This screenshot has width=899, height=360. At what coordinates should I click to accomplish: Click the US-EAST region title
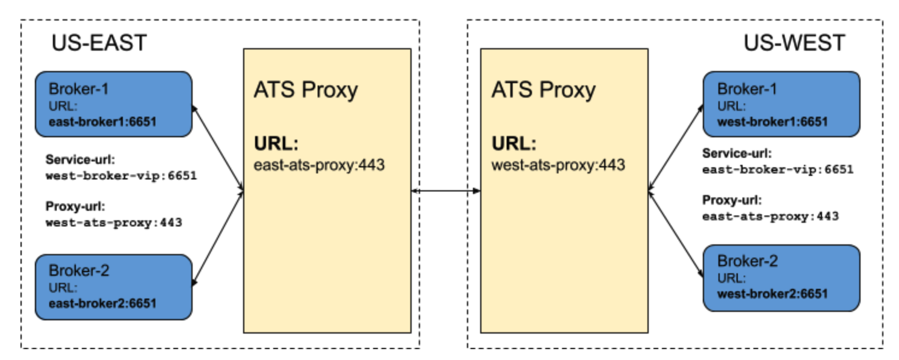pyautogui.click(x=99, y=43)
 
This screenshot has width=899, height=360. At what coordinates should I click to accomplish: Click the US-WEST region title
pyautogui.click(x=794, y=43)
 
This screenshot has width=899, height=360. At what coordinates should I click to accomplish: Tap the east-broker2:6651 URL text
pyautogui.click(x=102, y=303)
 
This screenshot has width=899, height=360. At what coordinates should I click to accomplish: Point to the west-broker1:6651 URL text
pyautogui.click(x=772, y=122)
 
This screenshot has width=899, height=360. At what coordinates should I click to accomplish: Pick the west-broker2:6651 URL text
pyautogui.click(x=772, y=294)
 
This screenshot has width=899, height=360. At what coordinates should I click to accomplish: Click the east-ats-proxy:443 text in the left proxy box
pyautogui.click(x=319, y=165)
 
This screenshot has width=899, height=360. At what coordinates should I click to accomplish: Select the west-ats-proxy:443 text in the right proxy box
pyautogui.click(x=558, y=164)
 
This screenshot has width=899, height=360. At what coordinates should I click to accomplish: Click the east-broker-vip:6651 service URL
pyautogui.click(x=777, y=170)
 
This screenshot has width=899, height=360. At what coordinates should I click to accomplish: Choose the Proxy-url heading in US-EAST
pyautogui.click(x=75, y=207)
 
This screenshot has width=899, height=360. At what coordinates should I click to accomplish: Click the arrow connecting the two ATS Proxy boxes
pyautogui.click(x=445, y=191)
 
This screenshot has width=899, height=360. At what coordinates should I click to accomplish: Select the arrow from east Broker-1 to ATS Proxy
pyautogui.click(x=217, y=150)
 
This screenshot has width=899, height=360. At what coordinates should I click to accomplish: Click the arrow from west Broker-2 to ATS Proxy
pyautogui.click(x=675, y=235)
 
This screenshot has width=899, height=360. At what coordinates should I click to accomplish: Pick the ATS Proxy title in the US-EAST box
pyautogui.click(x=305, y=90)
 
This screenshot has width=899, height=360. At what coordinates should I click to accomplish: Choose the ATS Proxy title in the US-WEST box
pyautogui.click(x=543, y=90)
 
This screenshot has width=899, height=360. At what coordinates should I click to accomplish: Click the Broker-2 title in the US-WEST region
pyautogui.click(x=747, y=261)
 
